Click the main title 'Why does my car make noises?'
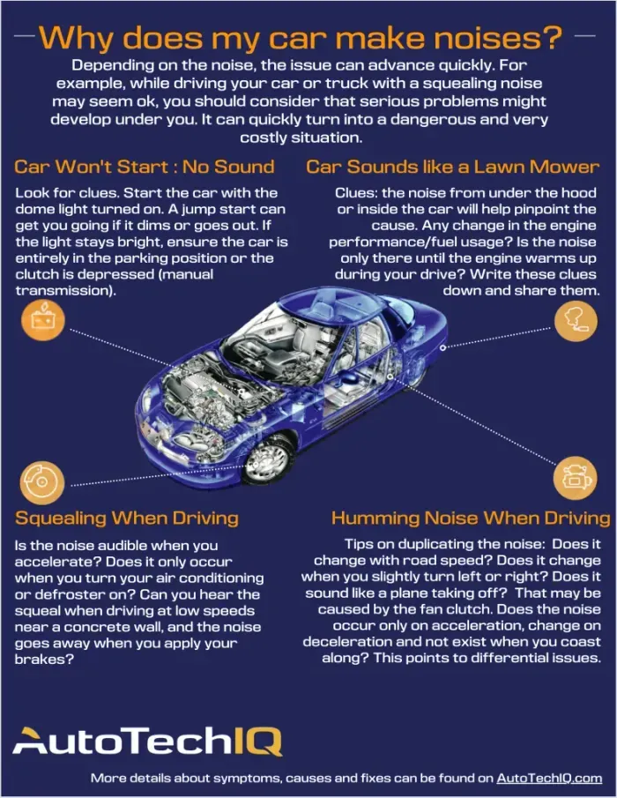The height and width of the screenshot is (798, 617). [x=301, y=37]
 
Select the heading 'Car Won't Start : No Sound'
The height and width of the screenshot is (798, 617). [x=145, y=166]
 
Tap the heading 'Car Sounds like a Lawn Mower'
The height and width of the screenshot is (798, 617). [x=451, y=166]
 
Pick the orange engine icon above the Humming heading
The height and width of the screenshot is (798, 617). [x=574, y=477]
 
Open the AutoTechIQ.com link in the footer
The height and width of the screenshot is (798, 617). [x=549, y=779]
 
